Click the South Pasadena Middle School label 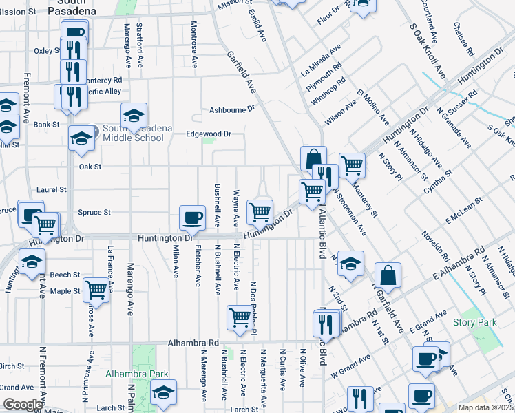point(133,133)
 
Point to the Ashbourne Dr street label point(232,109)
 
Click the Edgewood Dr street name point(209,134)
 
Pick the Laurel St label point(53,189)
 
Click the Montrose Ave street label point(195,44)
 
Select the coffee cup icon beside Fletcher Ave point(192,218)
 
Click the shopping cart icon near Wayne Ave point(260,212)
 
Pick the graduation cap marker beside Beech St point(32,262)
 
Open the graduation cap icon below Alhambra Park point(164,392)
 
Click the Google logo point(22,405)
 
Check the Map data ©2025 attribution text point(486,407)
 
